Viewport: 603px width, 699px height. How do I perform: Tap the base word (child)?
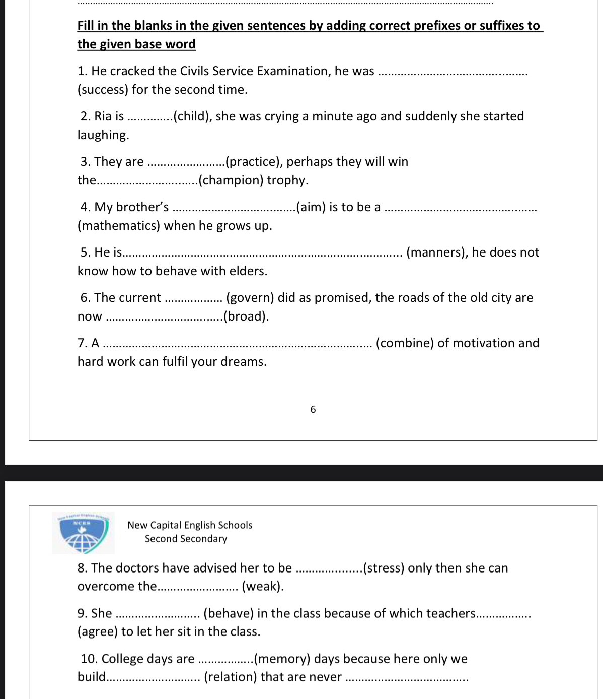point(193,116)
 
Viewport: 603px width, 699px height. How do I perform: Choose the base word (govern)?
point(250,298)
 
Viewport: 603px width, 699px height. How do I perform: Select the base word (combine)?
point(405,343)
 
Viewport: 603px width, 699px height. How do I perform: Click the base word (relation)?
point(230,677)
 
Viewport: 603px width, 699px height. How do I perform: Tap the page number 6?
point(313,409)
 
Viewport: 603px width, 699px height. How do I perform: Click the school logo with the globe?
point(83,533)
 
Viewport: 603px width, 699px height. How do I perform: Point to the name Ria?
point(103,116)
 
